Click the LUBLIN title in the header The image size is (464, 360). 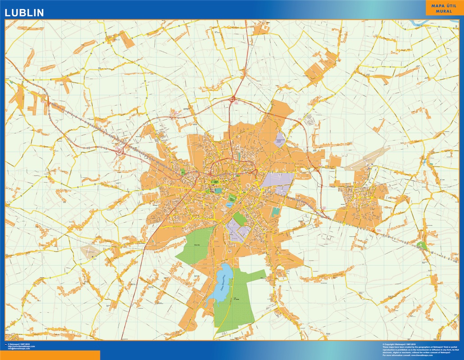24,13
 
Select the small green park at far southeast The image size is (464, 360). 422,245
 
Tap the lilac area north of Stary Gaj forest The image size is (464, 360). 239,230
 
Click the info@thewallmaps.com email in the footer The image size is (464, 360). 18,349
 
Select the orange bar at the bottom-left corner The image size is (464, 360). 50,355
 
